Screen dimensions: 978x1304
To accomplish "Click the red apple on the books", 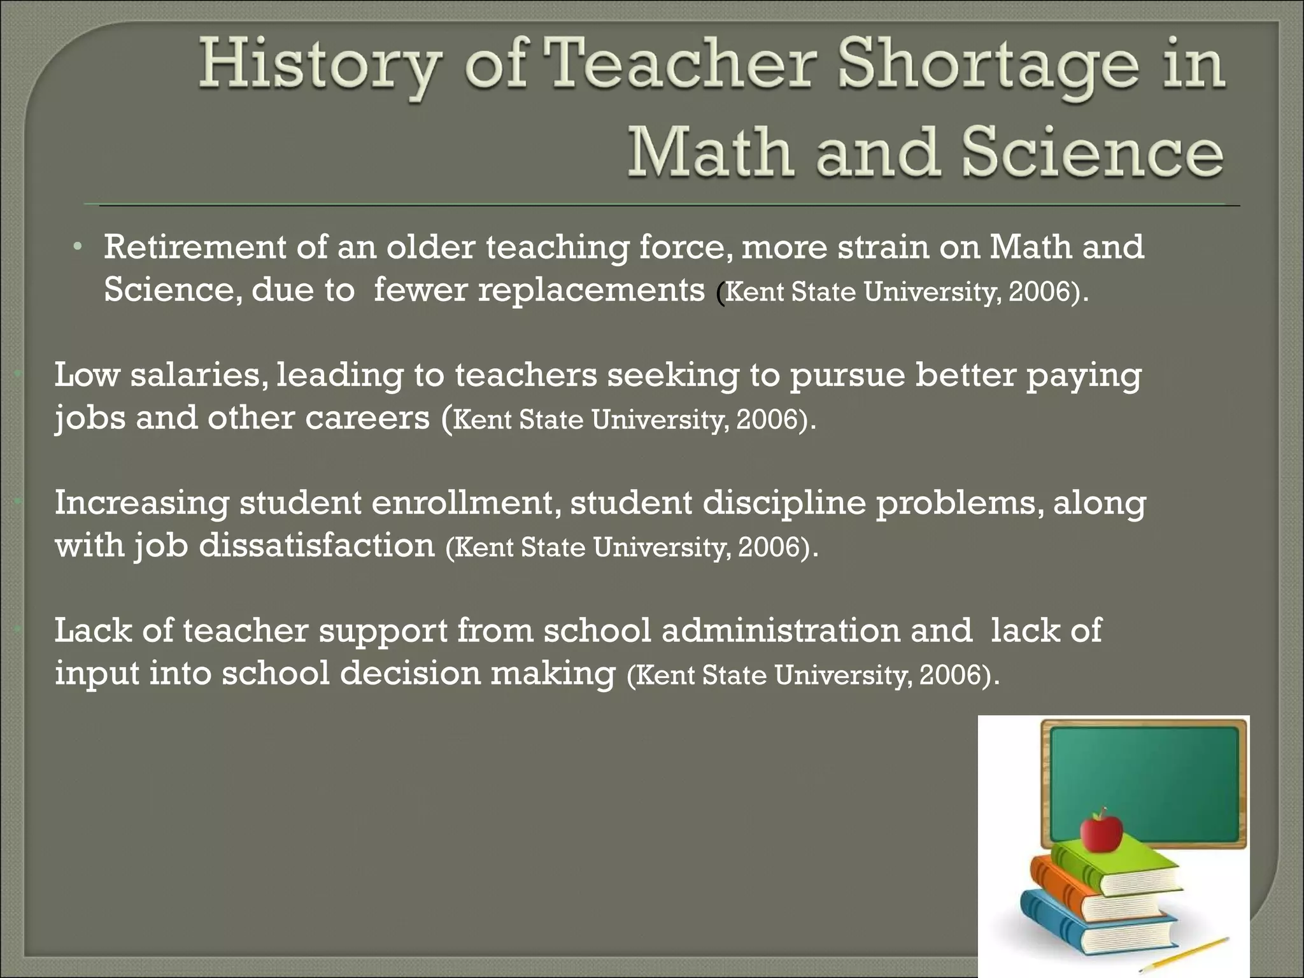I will [1101, 831].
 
